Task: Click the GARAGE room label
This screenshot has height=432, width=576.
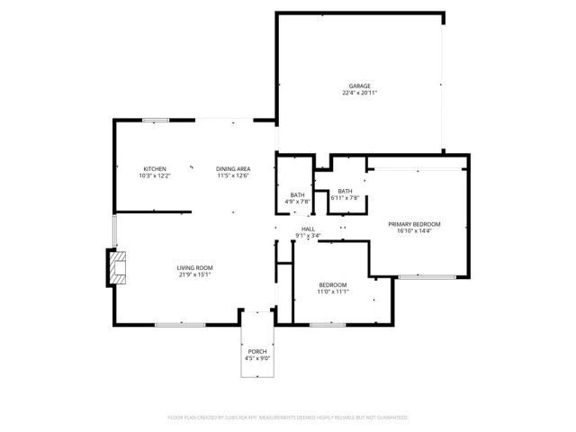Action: click(x=360, y=85)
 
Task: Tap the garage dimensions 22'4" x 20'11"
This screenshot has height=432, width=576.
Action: click(x=360, y=93)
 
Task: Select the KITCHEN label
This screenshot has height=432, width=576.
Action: click(x=155, y=169)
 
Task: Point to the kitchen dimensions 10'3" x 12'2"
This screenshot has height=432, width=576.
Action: click(x=155, y=176)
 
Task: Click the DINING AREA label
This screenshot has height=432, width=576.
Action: click(x=233, y=169)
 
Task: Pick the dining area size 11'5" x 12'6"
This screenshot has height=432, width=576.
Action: click(x=233, y=176)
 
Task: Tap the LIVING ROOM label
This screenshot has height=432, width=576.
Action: click(x=194, y=268)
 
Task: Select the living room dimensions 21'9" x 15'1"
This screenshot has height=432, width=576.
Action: click(x=194, y=275)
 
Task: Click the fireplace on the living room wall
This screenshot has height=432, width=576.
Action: click(x=118, y=268)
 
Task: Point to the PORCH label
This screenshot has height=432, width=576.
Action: click(x=257, y=351)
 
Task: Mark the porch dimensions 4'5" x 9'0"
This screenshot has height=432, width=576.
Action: click(x=257, y=358)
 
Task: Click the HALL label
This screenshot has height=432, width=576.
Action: click(x=308, y=230)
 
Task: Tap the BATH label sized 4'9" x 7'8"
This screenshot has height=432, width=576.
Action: click(x=297, y=195)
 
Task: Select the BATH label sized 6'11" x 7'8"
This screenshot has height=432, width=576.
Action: click(x=346, y=191)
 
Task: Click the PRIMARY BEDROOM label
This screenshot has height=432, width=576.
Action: click(x=414, y=223)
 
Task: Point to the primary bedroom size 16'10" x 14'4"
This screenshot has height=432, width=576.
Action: click(x=414, y=230)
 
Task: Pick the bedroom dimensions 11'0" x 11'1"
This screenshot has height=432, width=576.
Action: click(x=332, y=292)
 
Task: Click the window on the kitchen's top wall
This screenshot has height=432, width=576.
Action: click(x=156, y=120)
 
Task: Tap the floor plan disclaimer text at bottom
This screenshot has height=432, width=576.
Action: click(x=288, y=418)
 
